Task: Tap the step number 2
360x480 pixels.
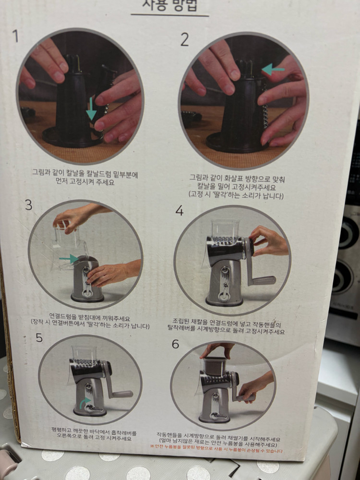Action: (x=184, y=40)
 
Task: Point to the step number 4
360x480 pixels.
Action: (x=180, y=210)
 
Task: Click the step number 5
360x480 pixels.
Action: (x=39, y=338)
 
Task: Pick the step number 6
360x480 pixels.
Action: (x=175, y=344)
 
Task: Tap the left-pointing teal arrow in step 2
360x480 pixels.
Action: (x=273, y=70)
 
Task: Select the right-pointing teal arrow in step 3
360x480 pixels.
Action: (x=69, y=259)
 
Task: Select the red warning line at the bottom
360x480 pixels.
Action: (x=216, y=451)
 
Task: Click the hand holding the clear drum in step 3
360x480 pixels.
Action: (x=72, y=218)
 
